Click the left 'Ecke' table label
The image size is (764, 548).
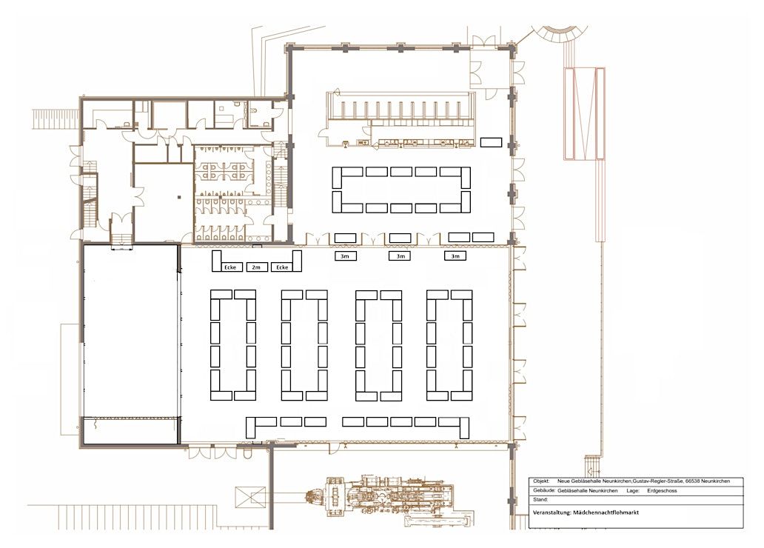(x=230, y=267)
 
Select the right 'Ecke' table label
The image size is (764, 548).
(x=282, y=267)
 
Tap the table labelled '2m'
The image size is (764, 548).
(x=256, y=267)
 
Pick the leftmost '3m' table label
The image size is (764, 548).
(x=345, y=256)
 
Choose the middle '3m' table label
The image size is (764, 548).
(x=401, y=256)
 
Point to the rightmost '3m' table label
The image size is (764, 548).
(x=455, y=256)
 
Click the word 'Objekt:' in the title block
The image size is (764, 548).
(x=541, y=481)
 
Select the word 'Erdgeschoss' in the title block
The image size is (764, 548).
(x=662, y=491)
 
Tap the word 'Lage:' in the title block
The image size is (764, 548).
(x=633, y=491)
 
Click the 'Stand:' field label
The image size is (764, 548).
(x=540, y=500)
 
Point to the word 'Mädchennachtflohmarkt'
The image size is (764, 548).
(x=606, y=512)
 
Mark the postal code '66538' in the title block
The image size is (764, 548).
(x=692, y=481)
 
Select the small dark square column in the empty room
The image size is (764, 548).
(x=179, y=197)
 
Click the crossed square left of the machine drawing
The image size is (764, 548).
(x=250, y=498)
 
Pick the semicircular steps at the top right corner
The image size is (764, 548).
(x=560, y=33)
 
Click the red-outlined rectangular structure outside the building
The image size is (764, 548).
(x=584, y=113)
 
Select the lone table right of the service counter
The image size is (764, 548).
(x=491, y=142)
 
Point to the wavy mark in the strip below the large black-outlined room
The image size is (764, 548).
(x=95, y=426)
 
